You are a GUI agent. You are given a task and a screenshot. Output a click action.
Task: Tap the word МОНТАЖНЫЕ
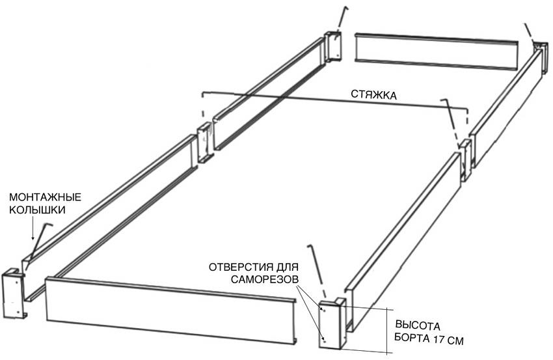tap(44, 197)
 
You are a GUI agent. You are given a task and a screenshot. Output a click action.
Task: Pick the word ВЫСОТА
tap(418, 326)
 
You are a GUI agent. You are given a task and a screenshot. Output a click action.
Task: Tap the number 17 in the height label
tap(439, 339)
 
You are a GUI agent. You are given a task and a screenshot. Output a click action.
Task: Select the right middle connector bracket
tap(464, 158)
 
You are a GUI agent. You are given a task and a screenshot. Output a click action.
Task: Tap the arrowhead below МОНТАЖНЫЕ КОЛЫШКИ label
tap(33, 239)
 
